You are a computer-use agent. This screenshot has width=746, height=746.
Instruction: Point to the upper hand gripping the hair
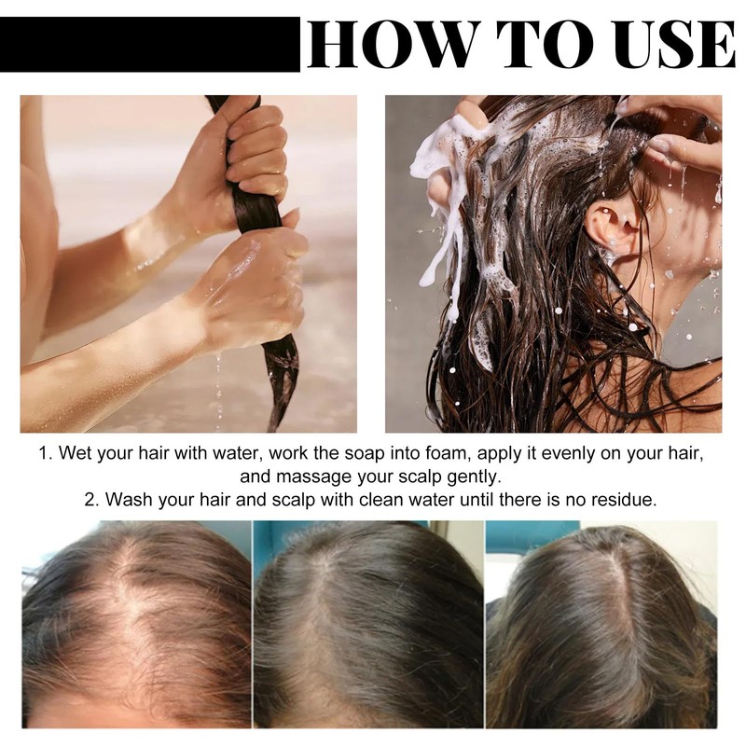(252, 149)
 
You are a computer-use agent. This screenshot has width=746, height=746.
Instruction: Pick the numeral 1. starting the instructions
(46, 453)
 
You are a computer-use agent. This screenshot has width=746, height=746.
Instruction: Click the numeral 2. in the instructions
(91, 499)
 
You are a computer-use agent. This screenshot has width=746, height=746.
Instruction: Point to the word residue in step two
(626, 499)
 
